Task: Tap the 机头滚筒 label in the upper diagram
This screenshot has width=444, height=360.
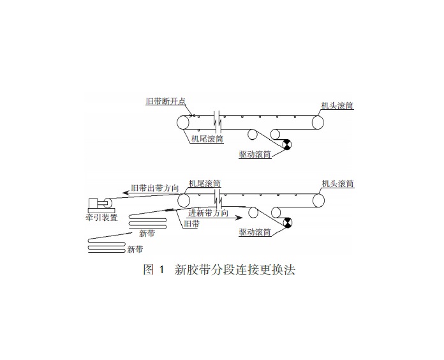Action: [337, 105]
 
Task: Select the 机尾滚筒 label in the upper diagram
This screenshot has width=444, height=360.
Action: [207, 137]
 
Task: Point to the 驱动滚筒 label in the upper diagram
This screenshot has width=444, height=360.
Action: [255, 154]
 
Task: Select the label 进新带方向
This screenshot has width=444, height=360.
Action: [209, 213]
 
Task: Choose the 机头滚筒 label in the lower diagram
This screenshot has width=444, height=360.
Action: [337, 184]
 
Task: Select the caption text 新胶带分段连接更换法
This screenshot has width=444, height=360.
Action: [235, 270]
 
